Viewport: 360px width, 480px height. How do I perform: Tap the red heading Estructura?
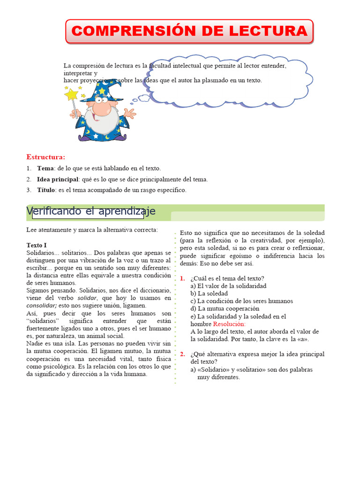coord(46,157)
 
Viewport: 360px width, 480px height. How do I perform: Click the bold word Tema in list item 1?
coord(45,168)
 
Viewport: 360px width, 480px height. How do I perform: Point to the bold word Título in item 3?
coord(46,190)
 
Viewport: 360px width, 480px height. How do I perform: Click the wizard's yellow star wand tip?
coord(71,94)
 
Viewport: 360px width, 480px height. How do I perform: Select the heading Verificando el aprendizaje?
coord(91,211)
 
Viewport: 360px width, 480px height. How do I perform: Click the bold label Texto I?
coord(37,245)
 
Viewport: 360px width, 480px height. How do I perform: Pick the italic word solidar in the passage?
coord(87,298)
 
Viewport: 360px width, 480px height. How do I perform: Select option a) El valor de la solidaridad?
coord(228,286)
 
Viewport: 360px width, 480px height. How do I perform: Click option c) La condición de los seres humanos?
coord(241,301)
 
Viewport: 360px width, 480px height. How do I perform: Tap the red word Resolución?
coord(229,324)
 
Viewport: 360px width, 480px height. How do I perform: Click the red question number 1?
coord(182,278)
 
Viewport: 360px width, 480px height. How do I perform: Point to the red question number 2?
coord(182,354)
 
